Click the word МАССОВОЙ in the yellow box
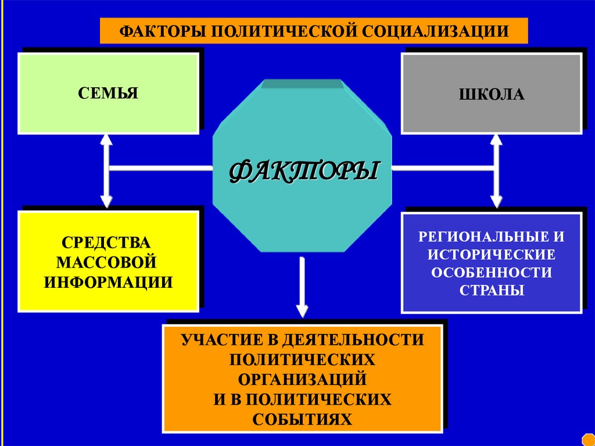pyautogui.click(x=109, y=261)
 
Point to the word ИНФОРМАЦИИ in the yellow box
pyautogui.click(x=109, y=282)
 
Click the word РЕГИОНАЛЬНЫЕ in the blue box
pyautogui.click(x=478, y=237)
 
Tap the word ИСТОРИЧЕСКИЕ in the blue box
pyautogui.click(x=492, y=254)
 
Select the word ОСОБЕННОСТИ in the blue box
pyautogui.click(x=492, y=272)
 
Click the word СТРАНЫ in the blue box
pyautogui.click(x=492, y=290)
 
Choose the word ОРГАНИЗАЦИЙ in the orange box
pyautogui.click(x=302, y=379)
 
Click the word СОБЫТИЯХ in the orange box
pyautogui.click(x=302, y=419)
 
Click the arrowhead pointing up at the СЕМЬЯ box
pyautogui.click(x=106, y=140)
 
